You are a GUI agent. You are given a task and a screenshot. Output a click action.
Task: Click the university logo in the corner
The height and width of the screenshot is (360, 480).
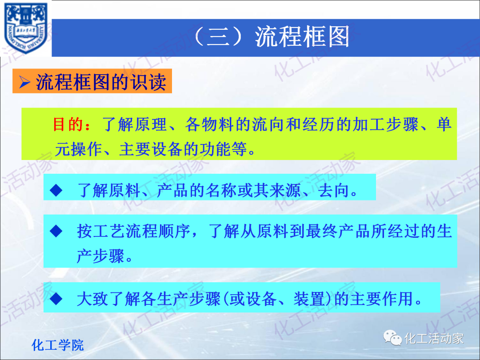pos(25,28)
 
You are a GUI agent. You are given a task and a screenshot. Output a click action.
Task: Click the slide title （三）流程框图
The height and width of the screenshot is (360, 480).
pos(272,37)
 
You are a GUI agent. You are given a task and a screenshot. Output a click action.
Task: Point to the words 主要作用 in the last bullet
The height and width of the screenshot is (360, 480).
pos(381,299)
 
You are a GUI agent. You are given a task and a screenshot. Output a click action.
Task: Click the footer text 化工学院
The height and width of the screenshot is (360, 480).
pos(58,345)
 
